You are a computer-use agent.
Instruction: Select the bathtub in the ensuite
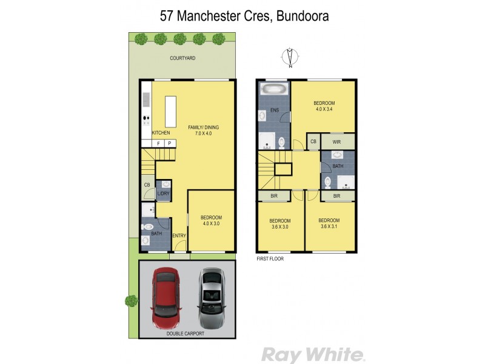(275, 90)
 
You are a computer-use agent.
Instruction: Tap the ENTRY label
(178, 236)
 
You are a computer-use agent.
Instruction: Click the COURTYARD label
(182, 59)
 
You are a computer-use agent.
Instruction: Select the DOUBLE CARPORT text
(186, 333)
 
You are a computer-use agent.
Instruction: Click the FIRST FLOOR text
(270, 258)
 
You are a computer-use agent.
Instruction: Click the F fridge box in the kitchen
(158, 143)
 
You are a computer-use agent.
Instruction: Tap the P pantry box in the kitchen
(170, 143)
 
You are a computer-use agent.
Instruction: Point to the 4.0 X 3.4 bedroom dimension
(324, 110)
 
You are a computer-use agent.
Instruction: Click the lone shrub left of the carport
(132, 300)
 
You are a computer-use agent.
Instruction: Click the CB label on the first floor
(313, 141)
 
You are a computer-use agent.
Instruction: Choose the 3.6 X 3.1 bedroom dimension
(328, 227)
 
